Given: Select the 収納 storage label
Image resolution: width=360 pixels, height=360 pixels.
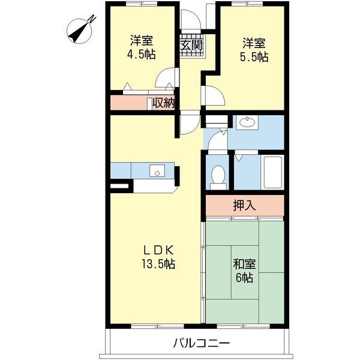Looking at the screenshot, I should [x=163, y=103].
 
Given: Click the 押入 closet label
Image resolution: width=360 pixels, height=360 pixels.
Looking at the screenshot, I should [x=244, y=205].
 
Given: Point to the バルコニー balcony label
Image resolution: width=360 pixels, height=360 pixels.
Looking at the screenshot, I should [x=201, y=344].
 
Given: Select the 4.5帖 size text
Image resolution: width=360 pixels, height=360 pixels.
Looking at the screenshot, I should [x=142, y=55].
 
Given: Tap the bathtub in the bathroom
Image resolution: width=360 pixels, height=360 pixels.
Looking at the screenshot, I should [x=273, y=172].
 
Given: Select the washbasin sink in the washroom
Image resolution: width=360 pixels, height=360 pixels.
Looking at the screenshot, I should [x=246, y=124].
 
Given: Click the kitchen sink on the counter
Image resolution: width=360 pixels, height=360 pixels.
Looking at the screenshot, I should [x=157, y=171].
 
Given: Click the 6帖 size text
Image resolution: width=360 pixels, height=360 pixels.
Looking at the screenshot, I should [x=244, y=278].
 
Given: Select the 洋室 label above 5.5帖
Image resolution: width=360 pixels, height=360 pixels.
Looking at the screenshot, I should [x=254, y=43].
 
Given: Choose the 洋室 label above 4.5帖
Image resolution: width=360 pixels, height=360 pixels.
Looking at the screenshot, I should [x=142, y=41].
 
